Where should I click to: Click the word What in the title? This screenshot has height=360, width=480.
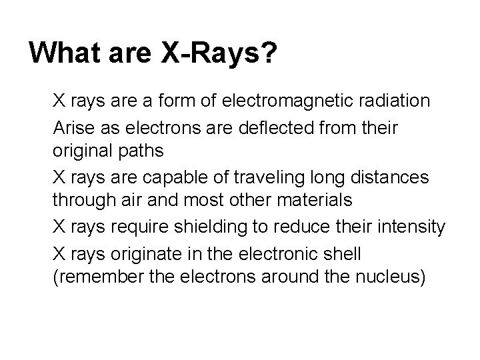63,53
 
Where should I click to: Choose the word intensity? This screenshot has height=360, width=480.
413,227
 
